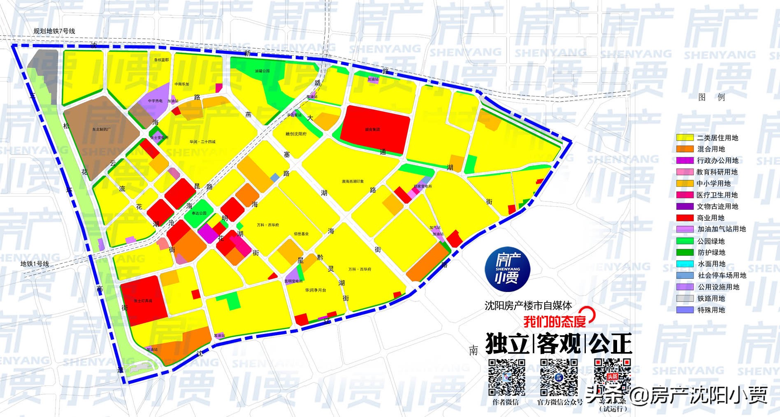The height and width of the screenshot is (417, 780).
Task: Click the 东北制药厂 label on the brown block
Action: (x=101, y=129)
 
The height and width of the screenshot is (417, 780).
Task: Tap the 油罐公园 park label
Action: (x=262, y=71)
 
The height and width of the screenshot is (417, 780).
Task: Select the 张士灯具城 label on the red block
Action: (x=143, y=301)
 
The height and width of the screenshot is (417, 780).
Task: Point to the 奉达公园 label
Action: (x=199, y=213)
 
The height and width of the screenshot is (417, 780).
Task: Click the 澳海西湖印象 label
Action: (x=353, y=181)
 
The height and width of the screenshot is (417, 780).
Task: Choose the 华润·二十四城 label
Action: (x=202, y=142)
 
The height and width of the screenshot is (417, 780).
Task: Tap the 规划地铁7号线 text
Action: (x=54, y=31)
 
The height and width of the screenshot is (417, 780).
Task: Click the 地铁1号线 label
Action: (x=35, y=264)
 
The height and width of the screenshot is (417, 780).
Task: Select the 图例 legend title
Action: (x=711, y=97)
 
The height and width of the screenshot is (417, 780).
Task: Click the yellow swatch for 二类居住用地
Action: (x=685, y=138)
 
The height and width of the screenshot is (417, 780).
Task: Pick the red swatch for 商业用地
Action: (x=685, y=218)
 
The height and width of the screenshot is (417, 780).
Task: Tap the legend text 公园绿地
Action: (x=711, y=241)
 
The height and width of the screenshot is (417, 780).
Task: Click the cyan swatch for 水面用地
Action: (x=685, y=264)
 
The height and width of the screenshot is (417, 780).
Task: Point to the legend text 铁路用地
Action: (x=711, y=299)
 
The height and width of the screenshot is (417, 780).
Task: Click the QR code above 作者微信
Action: (x=506, y=377)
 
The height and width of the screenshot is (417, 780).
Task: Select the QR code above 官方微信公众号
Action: (x=559, y=377)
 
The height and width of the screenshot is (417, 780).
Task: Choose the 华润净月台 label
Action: (x=316, y=290)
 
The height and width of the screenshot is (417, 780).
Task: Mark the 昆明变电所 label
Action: (x=293, y=281)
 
